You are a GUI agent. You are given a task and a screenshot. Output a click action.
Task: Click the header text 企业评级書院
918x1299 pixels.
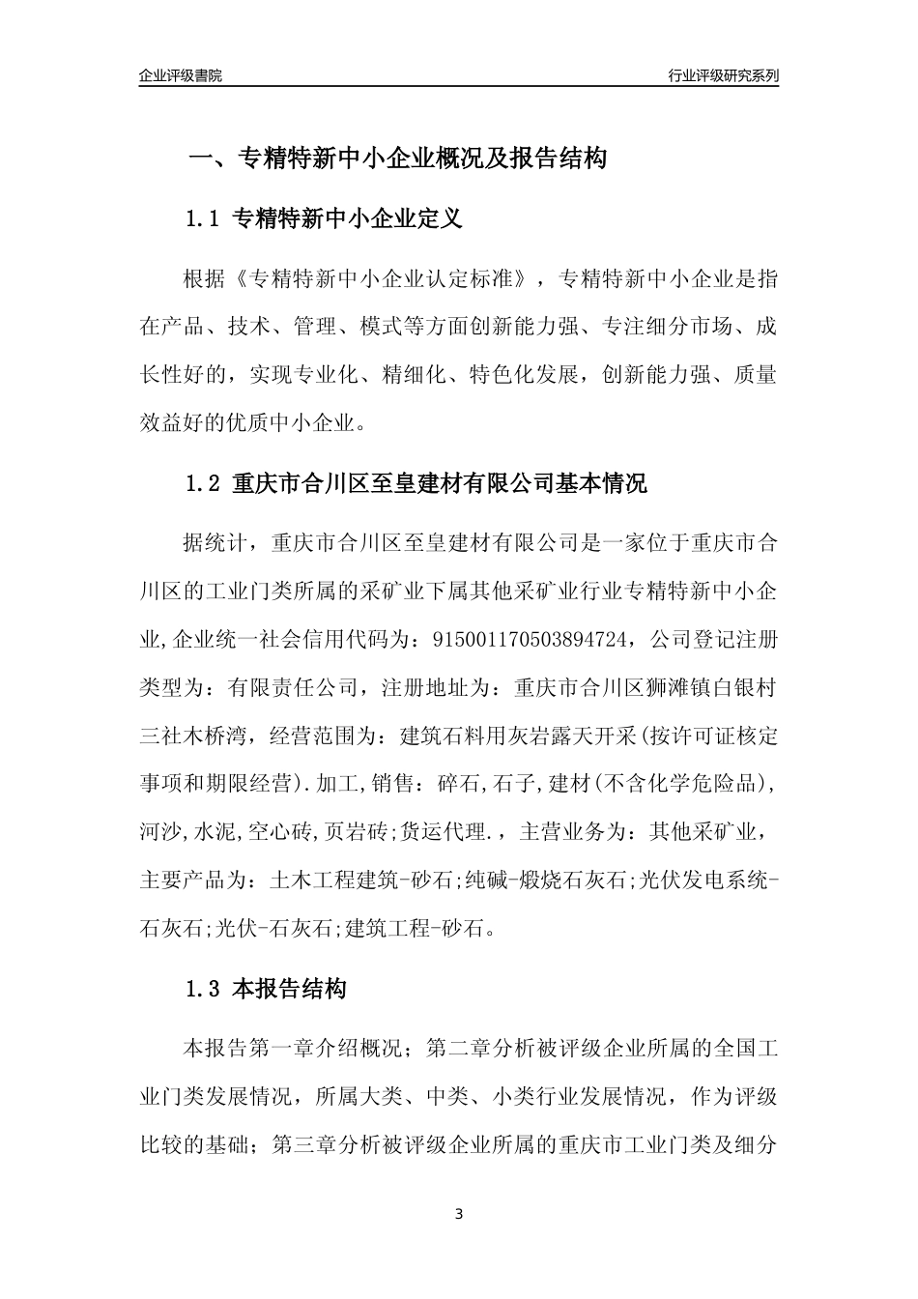point(181,76)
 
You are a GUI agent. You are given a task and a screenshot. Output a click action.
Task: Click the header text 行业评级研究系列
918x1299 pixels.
point(723,76)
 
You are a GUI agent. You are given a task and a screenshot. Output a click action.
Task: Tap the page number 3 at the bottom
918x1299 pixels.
point(459,1214)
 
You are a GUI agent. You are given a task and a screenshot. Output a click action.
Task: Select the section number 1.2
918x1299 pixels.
point(204,483)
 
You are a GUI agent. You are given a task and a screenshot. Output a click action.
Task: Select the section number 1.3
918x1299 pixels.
point(204,990)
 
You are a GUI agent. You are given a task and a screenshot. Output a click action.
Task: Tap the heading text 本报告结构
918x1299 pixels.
point(290,990)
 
